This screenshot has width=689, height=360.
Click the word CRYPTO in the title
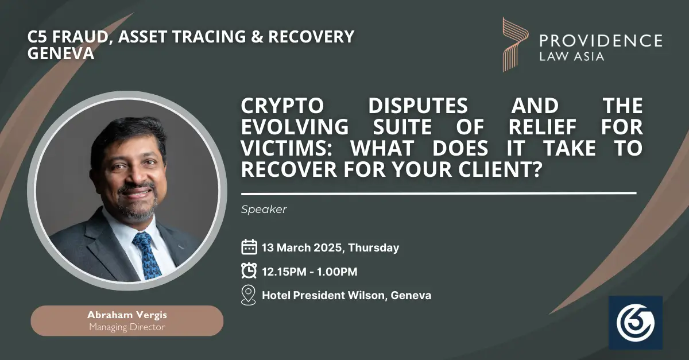pyautogui.click(x=282, y=106)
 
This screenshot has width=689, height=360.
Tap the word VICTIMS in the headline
pyautogui.click(x=283, y=148)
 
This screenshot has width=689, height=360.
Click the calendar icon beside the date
pyautogui.click(x=249, y=247)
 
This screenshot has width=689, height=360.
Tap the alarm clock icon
pyautogui.click(x=249, y=271)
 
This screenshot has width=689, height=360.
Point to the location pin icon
pyautogui.click(x=249, y=295)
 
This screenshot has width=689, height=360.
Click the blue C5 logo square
pyautogui.click(x=636, y=323)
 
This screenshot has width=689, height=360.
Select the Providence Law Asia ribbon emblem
pyautogui.click(x=515, y=45)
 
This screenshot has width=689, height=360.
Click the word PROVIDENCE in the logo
pyautogui.click(x=601, y=41)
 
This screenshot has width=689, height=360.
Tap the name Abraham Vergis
pyautogui.click(x=127, y=315)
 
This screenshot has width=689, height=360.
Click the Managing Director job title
pyautogui.click(x=127, y=327)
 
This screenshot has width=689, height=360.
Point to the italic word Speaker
pyautogui.click(x=264, y=209)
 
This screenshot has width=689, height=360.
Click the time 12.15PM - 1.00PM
pyautogui.click(x=309, y=272)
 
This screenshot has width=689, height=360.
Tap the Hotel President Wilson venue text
pyautogui.click(x=323, y=295)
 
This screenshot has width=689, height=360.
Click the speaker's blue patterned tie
pyautogui.click(x=147, y=256)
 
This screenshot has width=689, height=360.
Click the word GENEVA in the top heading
pyautogui.click(x=61, y=53)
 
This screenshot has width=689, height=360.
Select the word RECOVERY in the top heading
pyautogui.click(x=312, y=37)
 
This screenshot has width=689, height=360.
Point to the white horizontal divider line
pyautogui.click(x=439, y=193)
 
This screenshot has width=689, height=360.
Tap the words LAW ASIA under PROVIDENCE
pyautogui.click(x=572, y=57)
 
